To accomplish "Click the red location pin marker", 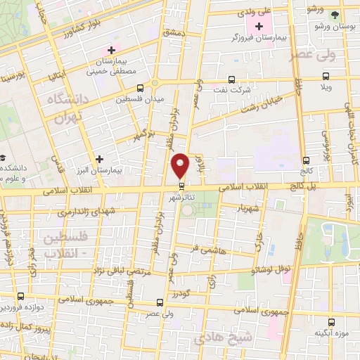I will [181, 165].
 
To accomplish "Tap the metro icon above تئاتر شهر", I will [182, 186].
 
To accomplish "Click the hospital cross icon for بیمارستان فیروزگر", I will [262, 27].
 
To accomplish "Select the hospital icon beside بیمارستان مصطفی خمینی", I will [110, 51].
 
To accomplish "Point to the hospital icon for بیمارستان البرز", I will [100, 160].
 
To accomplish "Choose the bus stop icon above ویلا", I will [325, 77].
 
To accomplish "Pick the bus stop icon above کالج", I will [305, 160].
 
